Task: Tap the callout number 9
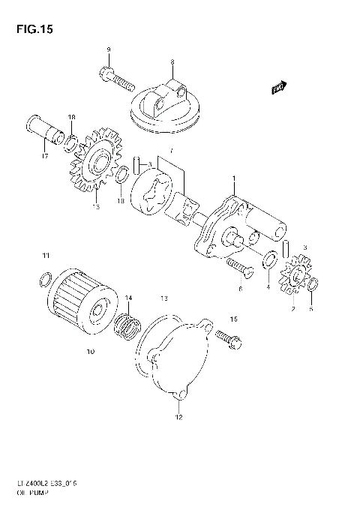(108, 49)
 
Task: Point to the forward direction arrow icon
(280, 88)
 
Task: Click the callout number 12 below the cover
(178, 417)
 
